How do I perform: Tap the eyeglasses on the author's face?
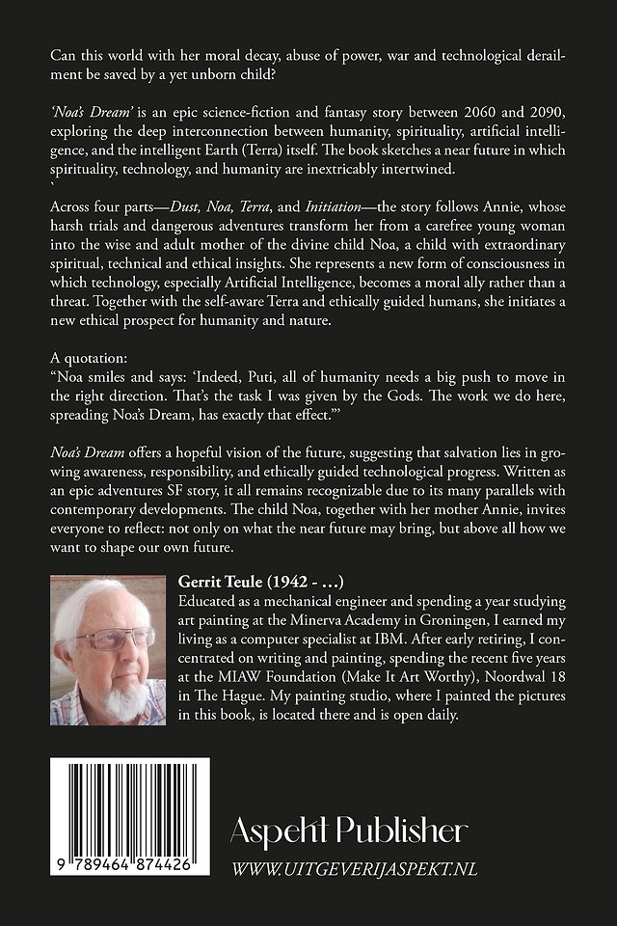pos(113,637)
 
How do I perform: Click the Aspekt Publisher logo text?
pos(349,831)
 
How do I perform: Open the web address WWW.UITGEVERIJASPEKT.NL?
pos(354,869)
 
